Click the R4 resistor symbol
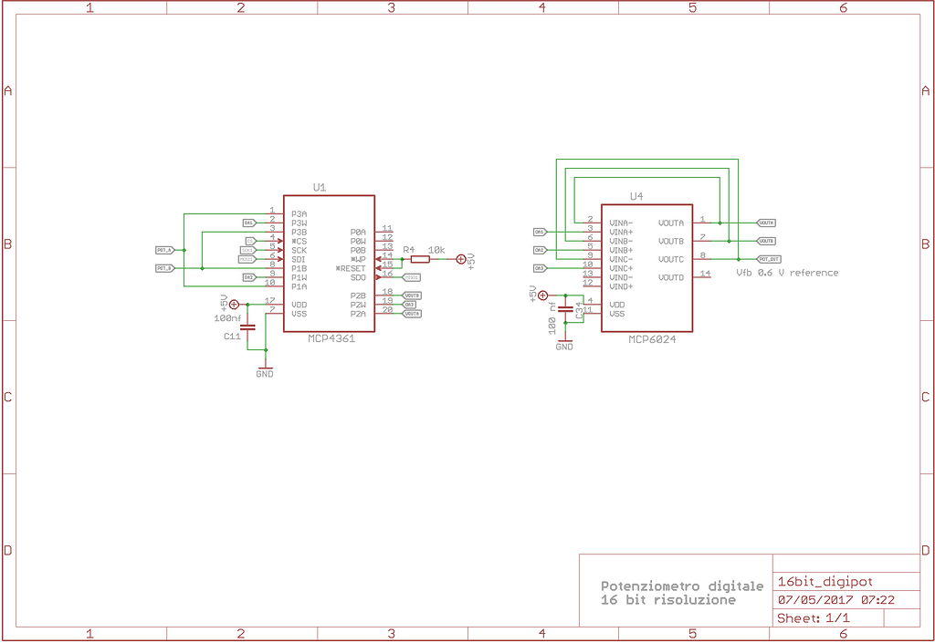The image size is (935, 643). (419, 259)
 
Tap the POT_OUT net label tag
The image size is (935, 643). (768, 259)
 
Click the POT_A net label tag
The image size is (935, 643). (164, 250)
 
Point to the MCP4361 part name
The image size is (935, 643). (331, 337)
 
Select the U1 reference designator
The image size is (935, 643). (320, 187)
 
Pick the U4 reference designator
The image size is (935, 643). (636, 196)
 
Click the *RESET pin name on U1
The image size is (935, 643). (351, 268)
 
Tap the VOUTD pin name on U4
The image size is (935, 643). (671, 277)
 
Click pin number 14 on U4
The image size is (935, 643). (704, 274)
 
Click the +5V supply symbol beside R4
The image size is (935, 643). (460, 260)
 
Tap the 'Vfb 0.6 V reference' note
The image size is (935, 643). (787, 273)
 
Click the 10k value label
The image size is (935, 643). (436, 249)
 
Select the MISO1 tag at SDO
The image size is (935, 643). (412, 277)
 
